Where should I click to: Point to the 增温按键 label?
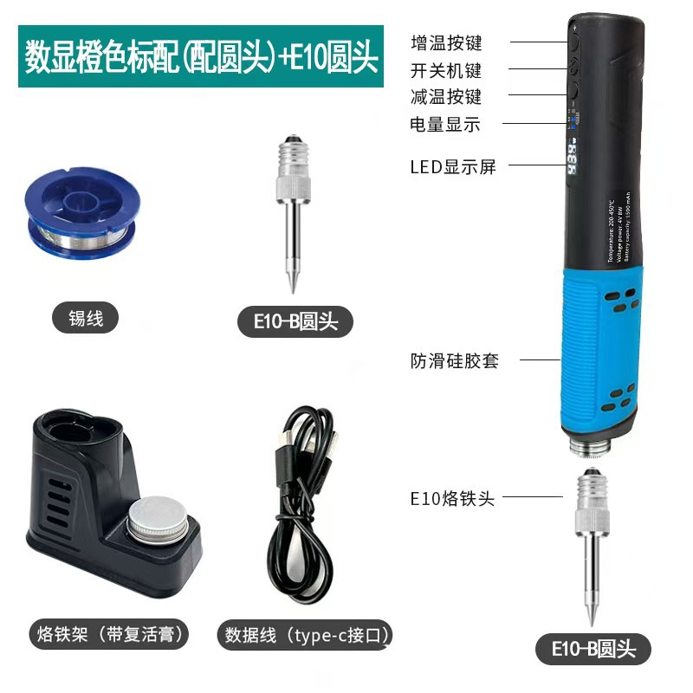click(446, 42)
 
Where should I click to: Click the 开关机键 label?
click(446, 69)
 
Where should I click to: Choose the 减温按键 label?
click(446, 96)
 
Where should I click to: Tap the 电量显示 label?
click(445, 124)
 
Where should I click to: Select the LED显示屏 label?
click(453, 166)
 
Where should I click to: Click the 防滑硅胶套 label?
click(455, 360)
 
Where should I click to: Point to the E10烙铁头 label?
click(451, 498)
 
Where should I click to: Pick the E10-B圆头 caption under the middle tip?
click(297, 322)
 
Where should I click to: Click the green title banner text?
click(200, 57)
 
